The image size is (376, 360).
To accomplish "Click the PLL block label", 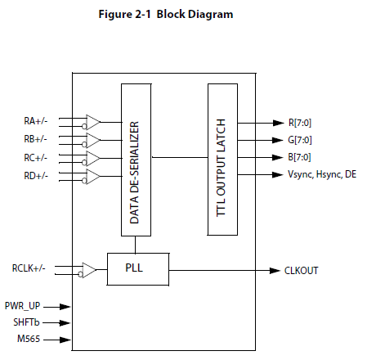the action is click(x=134, y=268).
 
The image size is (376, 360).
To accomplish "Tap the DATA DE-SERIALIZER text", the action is click(x=135, y=173).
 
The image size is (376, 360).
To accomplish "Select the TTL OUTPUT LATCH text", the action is click(x=221, y=168).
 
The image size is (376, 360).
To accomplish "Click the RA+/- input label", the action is click(x=36, y=121).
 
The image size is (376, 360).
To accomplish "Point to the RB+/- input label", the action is click(x=35, y=139).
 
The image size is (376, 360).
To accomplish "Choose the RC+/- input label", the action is click(x=36, y=158).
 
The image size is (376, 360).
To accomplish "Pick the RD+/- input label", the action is click(x=36, y=176).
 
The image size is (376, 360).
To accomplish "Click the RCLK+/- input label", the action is click(x=29, y=268).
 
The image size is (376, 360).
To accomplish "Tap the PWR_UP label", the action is click(x=22, y=306).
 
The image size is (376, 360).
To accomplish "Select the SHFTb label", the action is click(x=26, y=322).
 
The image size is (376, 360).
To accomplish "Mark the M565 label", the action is click(x=29, y=339).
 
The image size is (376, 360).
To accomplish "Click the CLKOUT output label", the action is click(x=302, y=271).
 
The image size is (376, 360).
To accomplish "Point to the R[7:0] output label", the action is click(x=300, y=123).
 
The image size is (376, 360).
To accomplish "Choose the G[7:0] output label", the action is click(x=300, y=140).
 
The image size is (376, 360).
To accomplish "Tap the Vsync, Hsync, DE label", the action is click(x=322, y=174).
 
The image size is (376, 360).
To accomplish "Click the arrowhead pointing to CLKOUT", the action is click(x=275, y=271).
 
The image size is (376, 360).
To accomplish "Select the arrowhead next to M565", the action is click(x=65, y=340).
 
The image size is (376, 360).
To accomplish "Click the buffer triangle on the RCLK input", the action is click(x=89, y=270).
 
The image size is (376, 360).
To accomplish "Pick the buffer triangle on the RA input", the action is click(x=92, y=122).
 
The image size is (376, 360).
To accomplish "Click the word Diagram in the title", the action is click(x=210, y=15).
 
